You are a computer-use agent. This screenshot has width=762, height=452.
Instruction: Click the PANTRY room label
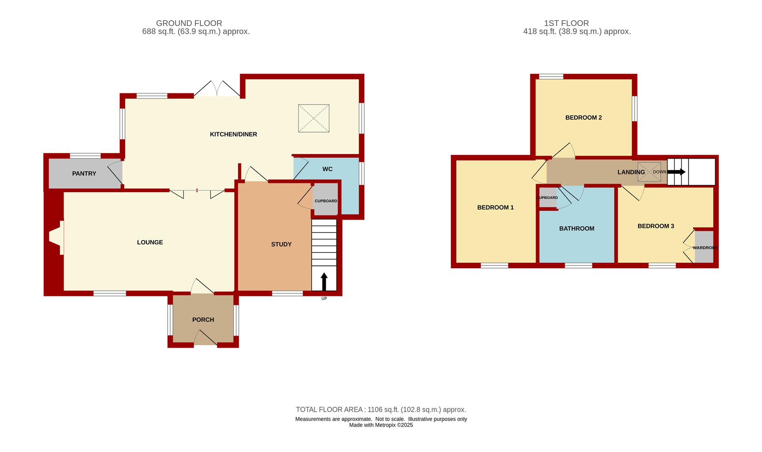pos(84,173)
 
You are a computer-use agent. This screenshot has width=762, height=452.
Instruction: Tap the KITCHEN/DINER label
pos(233,134)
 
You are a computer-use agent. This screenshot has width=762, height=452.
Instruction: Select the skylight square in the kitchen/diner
pos(313,118)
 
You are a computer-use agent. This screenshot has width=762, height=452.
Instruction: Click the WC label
pos(327,169)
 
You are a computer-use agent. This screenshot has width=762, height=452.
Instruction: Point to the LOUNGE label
pos(150,242)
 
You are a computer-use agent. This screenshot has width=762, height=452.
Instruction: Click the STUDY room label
pos(281,244)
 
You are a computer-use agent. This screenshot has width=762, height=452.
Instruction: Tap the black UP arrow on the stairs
pos(324,281)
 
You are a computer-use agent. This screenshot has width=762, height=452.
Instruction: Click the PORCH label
pos(203,320)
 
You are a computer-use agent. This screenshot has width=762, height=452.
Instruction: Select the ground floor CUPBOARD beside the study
pos(326,200)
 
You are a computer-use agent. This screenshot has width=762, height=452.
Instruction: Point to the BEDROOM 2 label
pos(583,118)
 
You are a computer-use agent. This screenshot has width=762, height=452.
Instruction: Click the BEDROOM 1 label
pos(496,208)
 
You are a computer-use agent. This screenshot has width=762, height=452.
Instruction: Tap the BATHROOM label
pos(577,229)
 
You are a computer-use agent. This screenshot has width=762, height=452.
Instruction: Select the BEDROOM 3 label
pos(656,226)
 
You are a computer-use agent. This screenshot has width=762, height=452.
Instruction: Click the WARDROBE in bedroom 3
pos(704,247)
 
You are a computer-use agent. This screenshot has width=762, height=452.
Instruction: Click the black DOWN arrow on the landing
pos(676,172)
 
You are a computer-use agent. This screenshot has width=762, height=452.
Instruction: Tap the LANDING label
pos(631,172)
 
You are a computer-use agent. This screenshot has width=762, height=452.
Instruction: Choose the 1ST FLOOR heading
pos(566,23)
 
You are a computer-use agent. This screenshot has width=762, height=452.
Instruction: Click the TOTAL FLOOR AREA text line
pos(381,410)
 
